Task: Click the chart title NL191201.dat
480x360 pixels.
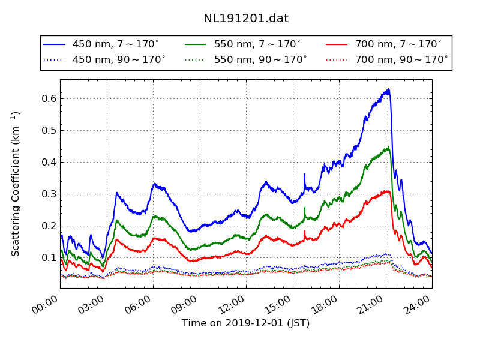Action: click(x=246, y=19)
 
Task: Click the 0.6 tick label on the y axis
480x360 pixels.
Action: click(x=49, y=98)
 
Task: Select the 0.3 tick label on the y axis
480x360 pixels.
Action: click(x=49, y=194)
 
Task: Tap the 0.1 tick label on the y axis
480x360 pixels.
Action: click(x=49, y=257)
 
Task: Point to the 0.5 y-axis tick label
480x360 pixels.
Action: click(x=49, y=130)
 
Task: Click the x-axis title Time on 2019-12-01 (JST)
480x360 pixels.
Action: click(x=246, y=323)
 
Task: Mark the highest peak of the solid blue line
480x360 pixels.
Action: click(x=389, y=89)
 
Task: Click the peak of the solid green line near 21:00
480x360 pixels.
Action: click(x=389, y=146)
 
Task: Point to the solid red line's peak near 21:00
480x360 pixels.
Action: click(x=388, y=191)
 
